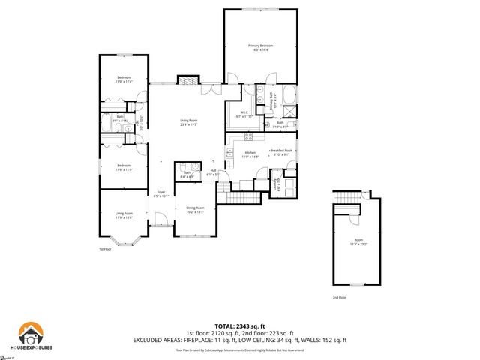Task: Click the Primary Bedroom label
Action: tap(261, 48)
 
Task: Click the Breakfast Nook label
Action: tap(281, 152)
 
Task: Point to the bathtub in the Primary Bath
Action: tap(290, 97)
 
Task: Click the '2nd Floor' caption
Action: tap(340, 298)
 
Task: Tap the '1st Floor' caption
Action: tap(106, 249)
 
